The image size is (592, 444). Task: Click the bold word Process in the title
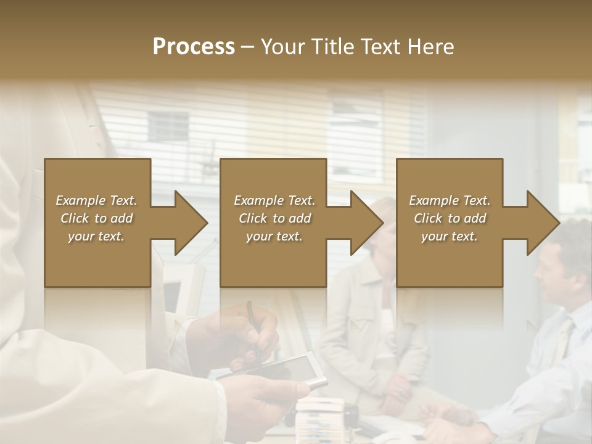pyautogui.click(x=194, y=47)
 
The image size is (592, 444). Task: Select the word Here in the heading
pyautogui.click(x=431, y=47)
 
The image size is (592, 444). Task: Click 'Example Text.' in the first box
pyautogui.click(x=96, y=200)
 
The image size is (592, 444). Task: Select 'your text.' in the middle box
pyautogui.click(x=274, y=236)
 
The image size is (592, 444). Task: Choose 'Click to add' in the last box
pyautogui.click(x=450, y=218)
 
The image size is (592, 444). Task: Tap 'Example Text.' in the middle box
pyautogui.click(x=274, y=200)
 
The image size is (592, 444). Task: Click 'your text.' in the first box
pyautogui.click(x=96, y=236)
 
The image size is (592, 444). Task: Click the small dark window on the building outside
pyautogui.click(x=168, y=126)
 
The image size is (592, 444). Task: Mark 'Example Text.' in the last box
pyautogui.click(x=450, y=200)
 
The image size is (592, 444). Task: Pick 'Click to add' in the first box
pyautogui.click(x=96, y=218)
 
